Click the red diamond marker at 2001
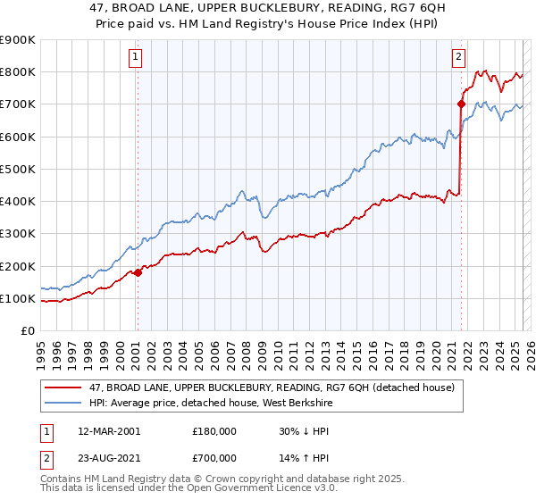(138, 273)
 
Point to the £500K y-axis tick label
(18, 169)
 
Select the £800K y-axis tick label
(18, 71)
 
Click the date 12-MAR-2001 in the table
(108, 431)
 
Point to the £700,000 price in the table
(214, 457)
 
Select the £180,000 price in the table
(214, 431)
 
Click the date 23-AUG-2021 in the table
(109, 457)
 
